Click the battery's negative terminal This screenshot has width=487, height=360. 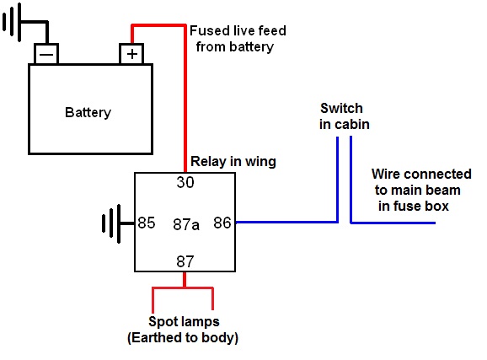46,54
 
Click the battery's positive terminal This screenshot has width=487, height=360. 131,54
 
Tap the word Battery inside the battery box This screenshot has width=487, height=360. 88,112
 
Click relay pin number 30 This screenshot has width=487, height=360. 185,182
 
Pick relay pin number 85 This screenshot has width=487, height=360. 147,223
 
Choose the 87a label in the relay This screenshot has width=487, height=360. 186,224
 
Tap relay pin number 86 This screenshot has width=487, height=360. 222,223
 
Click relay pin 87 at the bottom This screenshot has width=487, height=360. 185,261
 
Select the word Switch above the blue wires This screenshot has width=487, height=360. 341,109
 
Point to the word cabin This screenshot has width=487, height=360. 351,125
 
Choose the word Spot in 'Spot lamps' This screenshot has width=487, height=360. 162,322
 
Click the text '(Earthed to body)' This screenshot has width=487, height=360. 183,338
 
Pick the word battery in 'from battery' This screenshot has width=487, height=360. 252,47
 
